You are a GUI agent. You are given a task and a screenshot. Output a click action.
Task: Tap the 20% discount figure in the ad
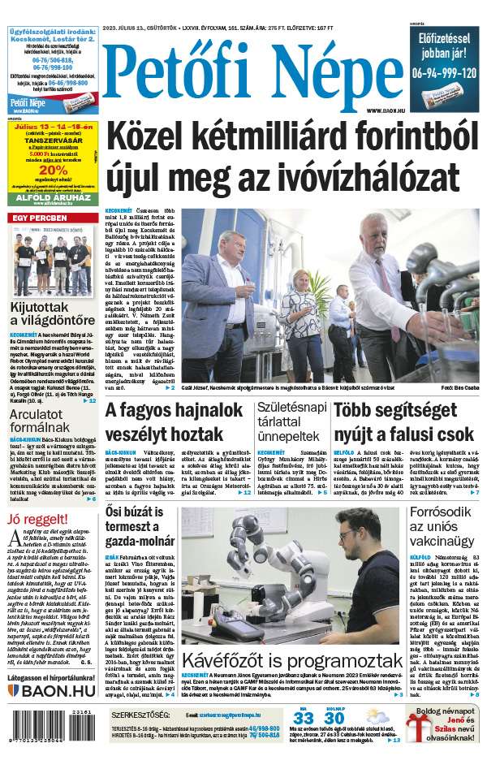[52, 171]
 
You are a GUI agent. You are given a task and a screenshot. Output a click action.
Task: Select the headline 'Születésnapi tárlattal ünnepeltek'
[291, 422]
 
